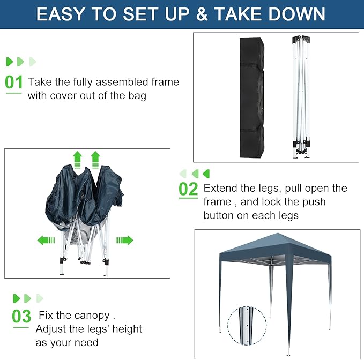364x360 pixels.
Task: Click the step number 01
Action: pyautogui.click(x=14, y=82)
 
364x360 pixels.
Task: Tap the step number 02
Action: pyautogui.click(x=188, y=189)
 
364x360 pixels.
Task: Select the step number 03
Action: pyautogui.click(x=21, y=316)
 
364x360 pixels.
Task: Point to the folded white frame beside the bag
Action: pyautogui.click(x=302, y=96)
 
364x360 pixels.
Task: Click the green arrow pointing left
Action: pyautogui.click(x=46, y=240)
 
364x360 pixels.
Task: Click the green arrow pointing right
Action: pyautogui.click(x=124, y=240)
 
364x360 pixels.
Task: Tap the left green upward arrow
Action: pyautogui.click(x=77, y=159)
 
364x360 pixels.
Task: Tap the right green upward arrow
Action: pyautogui.click(x=95, y=159)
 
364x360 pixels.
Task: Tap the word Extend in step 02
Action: pyautogui.click(x=221, y=189)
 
